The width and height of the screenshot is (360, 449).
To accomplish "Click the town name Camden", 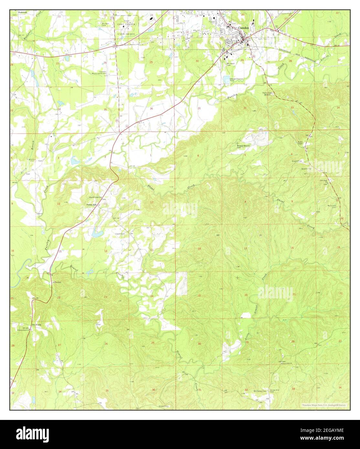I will point(243,28).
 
